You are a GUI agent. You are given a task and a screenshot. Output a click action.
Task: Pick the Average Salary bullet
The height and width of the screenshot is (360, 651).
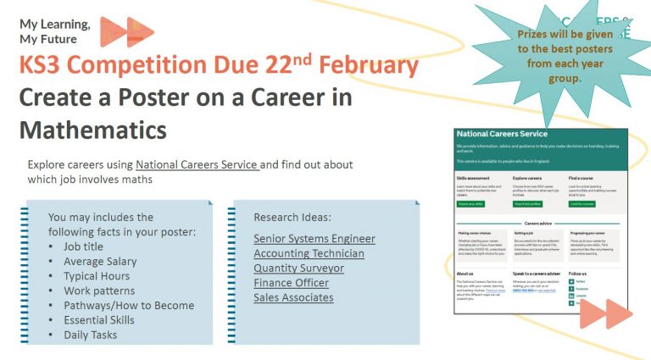[99, 262]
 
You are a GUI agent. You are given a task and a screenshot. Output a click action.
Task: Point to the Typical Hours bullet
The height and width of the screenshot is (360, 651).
[97, 276]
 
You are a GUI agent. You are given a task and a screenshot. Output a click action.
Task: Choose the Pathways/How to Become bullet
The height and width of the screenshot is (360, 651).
[129, 306]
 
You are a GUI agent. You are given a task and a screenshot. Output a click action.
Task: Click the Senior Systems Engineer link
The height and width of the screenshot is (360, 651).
[314, 239]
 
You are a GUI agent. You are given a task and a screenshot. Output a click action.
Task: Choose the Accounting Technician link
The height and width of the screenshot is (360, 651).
[309, 253]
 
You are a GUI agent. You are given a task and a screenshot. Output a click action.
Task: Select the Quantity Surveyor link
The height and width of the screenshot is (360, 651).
[298, 268]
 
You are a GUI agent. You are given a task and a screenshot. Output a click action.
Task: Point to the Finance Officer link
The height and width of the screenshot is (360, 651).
[291, 283]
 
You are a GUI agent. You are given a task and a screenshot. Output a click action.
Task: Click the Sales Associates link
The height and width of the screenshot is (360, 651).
[293, 297]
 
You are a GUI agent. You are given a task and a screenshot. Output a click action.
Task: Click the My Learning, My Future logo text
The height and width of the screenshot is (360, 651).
[55, 31]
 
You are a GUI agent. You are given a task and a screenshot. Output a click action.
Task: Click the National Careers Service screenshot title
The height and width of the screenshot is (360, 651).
[502, 134]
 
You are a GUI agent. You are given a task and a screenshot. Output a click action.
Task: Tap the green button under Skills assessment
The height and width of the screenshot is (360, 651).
[470, 203]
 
